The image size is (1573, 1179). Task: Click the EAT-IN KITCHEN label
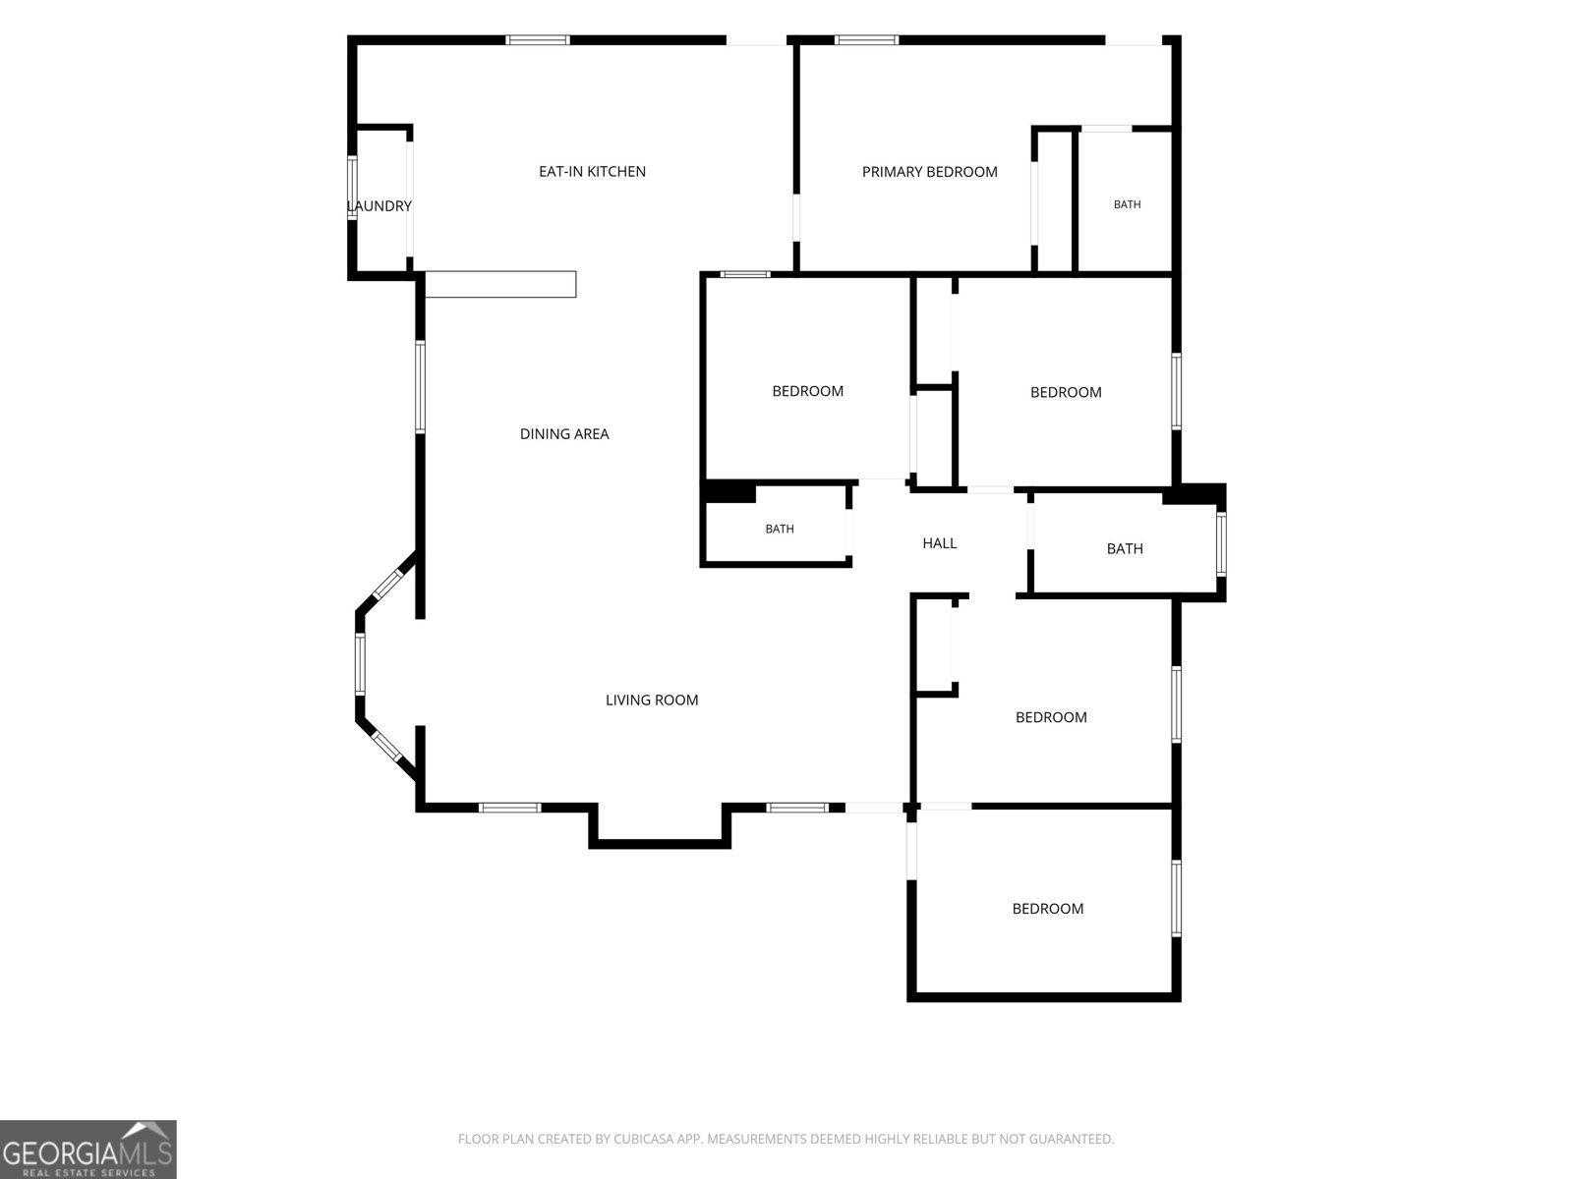pos(592,172)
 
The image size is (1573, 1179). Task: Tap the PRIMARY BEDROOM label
pos(929,172)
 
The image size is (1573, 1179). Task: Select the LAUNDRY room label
pos(379,206)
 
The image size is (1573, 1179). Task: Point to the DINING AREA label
pos(564,434)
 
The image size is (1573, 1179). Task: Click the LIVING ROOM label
pos(652,701)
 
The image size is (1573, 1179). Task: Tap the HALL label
pos(940,543)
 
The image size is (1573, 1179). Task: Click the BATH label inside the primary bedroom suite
pos(1127,204)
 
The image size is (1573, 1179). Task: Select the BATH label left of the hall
pos(779,529)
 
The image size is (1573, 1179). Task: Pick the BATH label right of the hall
pos(1125,549)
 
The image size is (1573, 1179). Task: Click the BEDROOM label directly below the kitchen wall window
pos(808,392)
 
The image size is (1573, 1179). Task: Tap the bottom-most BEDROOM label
pos(1048,909)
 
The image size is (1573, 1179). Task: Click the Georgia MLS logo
pos(88,1149)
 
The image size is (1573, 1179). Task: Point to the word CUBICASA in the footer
pos(642,1139)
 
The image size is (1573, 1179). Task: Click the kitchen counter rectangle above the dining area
pos(500,284)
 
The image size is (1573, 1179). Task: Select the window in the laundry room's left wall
pos(352,188)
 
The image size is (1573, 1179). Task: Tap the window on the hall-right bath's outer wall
pos(1221,544)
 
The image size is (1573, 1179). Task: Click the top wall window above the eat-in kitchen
pos(538,40)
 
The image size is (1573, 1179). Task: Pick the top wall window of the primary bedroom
pos(866,40)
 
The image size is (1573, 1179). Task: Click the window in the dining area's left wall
pos(421,386)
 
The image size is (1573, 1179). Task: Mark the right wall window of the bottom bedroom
pos(1176,898)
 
